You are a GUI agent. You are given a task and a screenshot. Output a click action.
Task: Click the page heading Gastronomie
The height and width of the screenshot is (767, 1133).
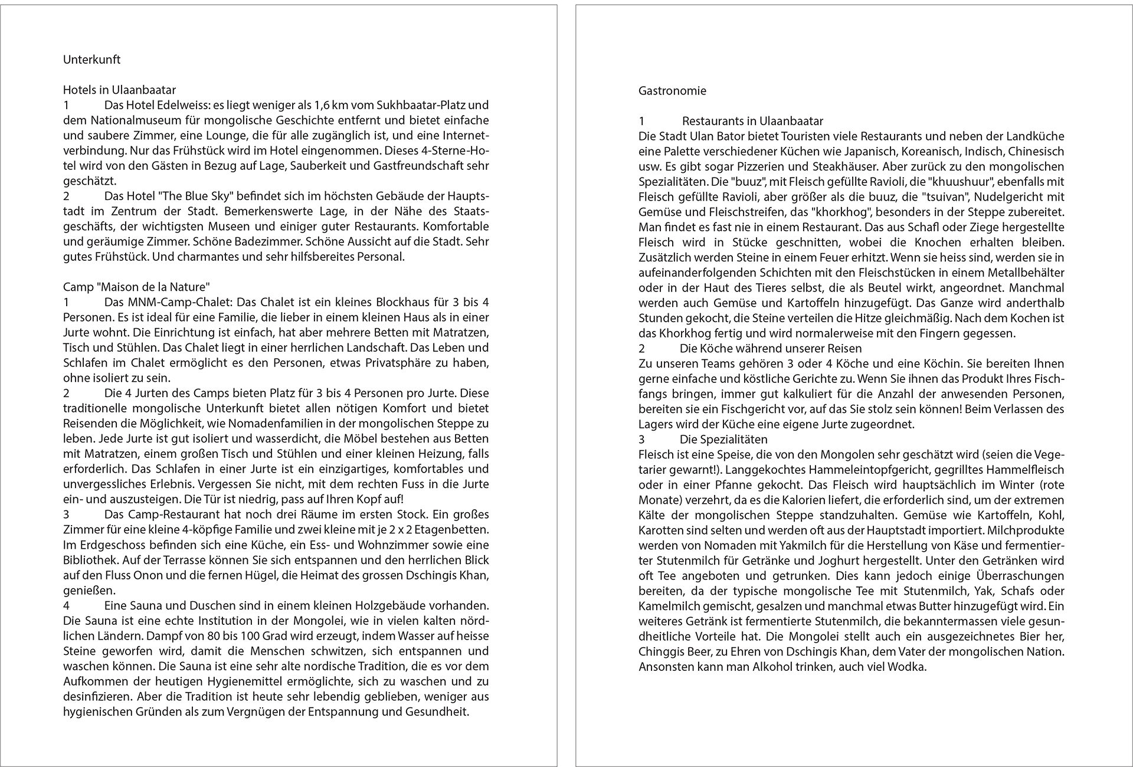(x=672, y=91)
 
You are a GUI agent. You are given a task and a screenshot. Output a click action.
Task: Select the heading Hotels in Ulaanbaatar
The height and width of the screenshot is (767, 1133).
(x=119, y=90)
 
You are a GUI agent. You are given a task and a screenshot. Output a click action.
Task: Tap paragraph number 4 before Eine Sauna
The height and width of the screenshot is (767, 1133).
(x=67, y=606)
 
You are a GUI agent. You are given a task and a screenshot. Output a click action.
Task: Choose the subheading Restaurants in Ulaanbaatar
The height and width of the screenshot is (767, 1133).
(x=752, y=122)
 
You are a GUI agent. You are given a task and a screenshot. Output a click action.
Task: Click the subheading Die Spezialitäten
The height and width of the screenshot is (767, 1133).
(x=723, y=440)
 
